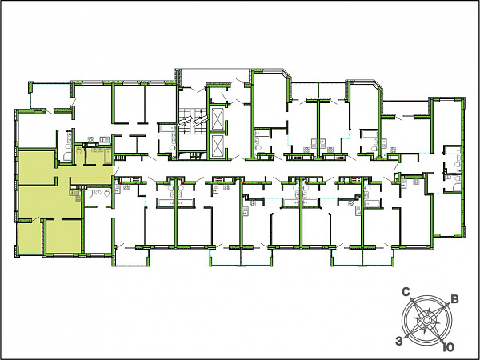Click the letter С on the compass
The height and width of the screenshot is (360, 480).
pyautogui.click(x=406, y=292)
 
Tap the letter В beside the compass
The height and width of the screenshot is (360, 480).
pyautogui.click(x=455, y=299)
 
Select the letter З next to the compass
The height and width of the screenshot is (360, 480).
pyautogui.click(x=399, y=341)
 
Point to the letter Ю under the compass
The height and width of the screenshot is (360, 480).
pyautogui.click(x=449, y=347)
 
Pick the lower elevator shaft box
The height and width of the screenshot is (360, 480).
pyautogui.click(x=218, y=146)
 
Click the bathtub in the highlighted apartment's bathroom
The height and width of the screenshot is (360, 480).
pyautogui.click(x=107, y=156)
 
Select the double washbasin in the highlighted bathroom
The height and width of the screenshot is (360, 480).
pyautogui.click(x=98, y=150)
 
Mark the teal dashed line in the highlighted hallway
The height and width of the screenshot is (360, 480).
pyautogui.click(x=90, y=178)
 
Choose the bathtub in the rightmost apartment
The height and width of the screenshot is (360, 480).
pyautogui.click(x=453, y=150)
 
